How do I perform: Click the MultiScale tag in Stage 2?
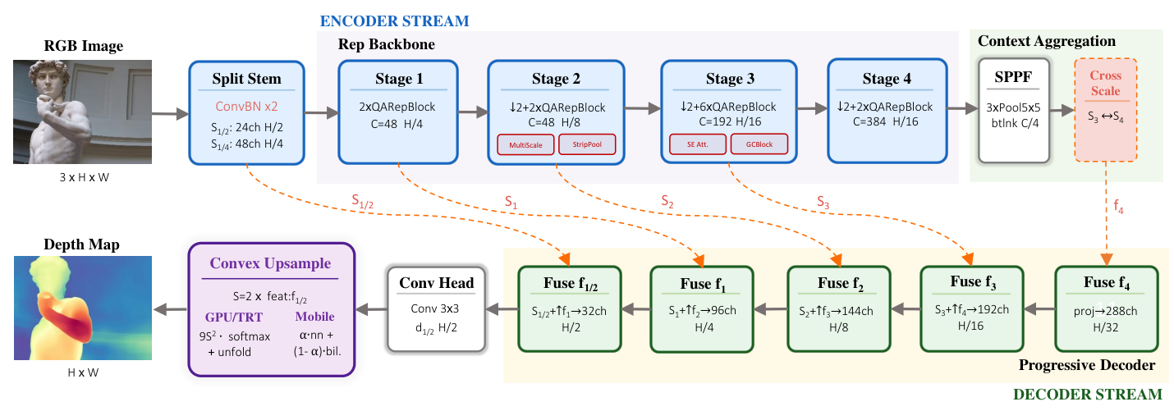click(x=525, y=145)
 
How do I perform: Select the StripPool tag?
click(x=587, y=144)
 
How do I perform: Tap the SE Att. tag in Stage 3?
click(x=698, y=144)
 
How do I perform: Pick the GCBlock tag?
click(x=759, y=144)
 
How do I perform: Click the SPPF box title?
click(x=1013, y=77)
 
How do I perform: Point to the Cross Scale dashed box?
click(x=1105, y=110)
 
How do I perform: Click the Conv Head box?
click(x=436, y=309)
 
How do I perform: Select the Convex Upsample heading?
click(x=270, y=263)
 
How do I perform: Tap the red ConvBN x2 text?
click(x=246, y=107)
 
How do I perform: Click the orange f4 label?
click(x=1118, y=206)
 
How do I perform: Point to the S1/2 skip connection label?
click(x=362, y=202)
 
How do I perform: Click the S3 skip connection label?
click(x=823, y=202)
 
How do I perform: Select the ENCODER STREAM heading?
click(x=395, y=21)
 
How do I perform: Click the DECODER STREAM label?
click(x=1088, y=395)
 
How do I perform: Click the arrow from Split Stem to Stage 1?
click(x=321, y=112)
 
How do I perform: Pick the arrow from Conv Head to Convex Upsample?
click(x=371, y=309)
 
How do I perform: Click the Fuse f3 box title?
click(x=973, y=282)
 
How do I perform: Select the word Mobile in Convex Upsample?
click(x=314, y=316)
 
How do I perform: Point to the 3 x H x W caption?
click(x=84, y=177)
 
